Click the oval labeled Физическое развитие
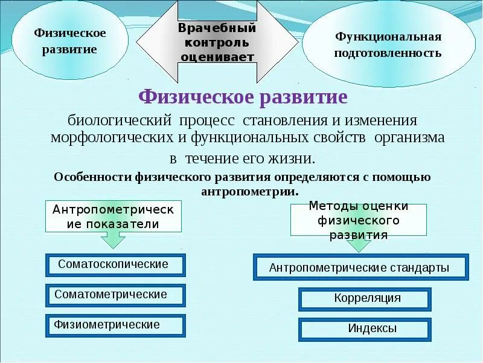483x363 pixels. (x=69, y=41)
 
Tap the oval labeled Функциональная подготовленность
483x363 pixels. (x=388, y=45)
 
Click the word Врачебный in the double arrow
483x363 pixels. (x=217, y=28)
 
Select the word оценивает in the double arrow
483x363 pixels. (x=217, y=57)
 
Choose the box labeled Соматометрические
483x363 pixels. (x=115, y=295)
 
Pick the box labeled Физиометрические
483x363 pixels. (x=115, y=325)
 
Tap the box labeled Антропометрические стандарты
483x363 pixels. (x=359, y=267)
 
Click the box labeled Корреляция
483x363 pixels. (x=365, y=299)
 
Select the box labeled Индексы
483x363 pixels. (x=365, y=330)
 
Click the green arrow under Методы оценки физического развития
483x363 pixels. (x=358, y=244)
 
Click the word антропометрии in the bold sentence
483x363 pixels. (x=248, y=191)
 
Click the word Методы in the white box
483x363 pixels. (x=331, y=206)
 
